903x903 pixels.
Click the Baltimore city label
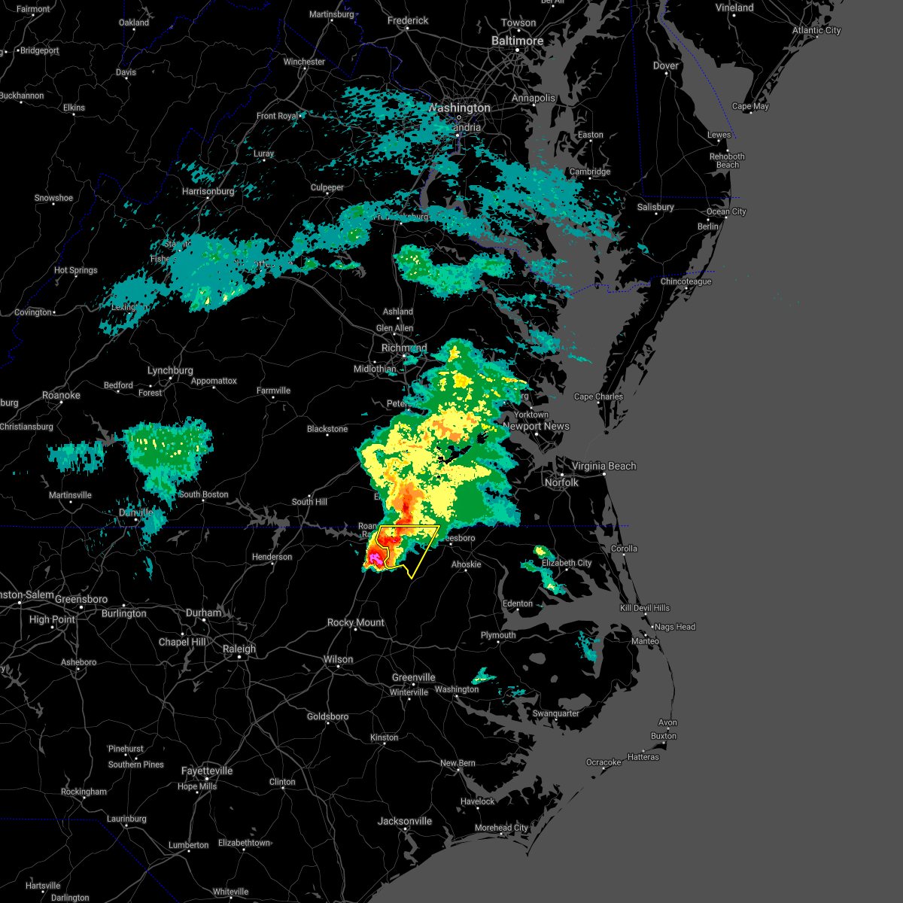517,41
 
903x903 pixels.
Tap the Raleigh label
239,649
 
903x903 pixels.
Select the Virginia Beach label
604,467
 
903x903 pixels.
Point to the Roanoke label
61,396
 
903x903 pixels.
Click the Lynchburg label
170,371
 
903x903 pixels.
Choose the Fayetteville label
207,771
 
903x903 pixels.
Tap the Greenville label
413,677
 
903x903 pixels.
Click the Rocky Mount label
355,623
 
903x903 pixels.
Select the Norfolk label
561,482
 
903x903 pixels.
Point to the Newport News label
537,426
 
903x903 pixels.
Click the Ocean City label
725,211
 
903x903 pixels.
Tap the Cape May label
750,106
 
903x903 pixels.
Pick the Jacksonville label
405,821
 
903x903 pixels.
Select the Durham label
204,613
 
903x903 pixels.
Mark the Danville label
136,512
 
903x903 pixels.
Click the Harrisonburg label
208,191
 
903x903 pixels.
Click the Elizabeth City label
567,563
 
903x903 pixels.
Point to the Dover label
666,66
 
